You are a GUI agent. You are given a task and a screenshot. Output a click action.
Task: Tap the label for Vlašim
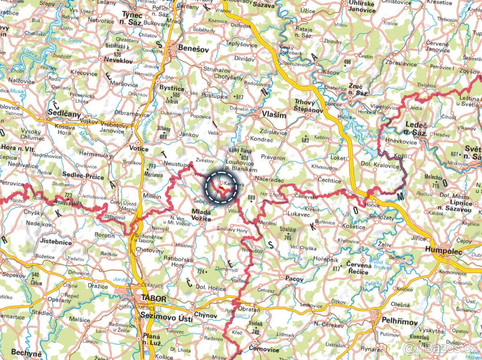(x=274, y=115)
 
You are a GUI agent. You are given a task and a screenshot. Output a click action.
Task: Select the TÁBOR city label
(x=153, y=299)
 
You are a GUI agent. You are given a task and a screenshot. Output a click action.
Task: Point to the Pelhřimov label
(x=399, y=322)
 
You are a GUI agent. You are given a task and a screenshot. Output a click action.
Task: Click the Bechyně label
(x=26, y=353)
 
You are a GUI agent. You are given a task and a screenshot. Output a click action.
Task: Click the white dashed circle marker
(x=221, y=187)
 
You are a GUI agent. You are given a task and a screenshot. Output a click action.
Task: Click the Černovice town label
(x=263, y=350)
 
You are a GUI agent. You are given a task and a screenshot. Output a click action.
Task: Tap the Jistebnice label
(x=56, y=242)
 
